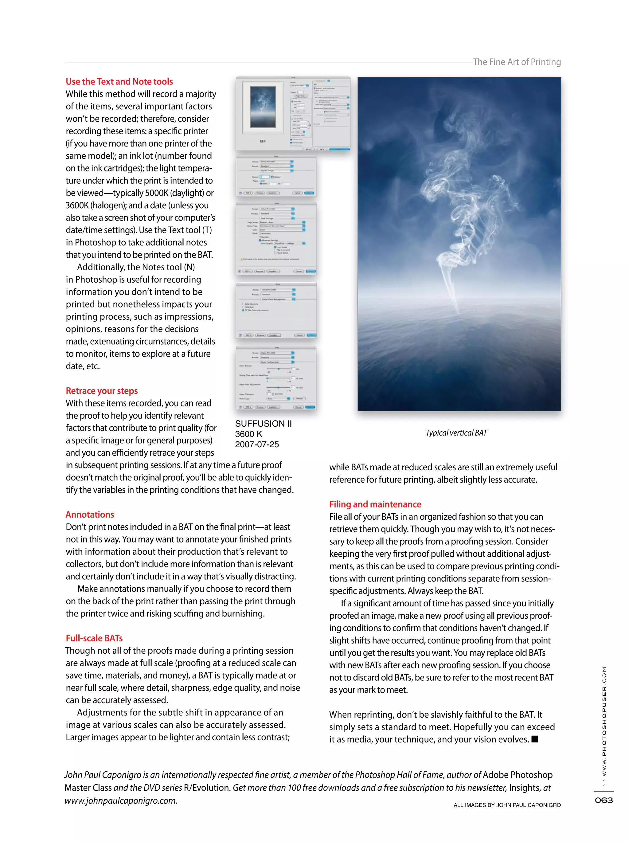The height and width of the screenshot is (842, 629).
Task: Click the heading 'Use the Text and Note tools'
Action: click(119, 81)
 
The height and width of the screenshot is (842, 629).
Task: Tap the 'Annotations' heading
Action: click(90, 514)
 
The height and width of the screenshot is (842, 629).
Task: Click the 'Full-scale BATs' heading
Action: click(94, 638)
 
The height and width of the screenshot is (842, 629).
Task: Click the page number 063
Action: click(604, 800)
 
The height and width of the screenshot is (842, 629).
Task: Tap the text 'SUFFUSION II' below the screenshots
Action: click(263, 423)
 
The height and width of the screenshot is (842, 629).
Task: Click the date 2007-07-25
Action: click(256, 444)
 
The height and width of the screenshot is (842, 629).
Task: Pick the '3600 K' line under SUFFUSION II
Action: click(248, 434)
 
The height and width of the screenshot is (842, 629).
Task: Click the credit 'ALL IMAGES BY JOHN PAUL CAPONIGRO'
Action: click(507, 805)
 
